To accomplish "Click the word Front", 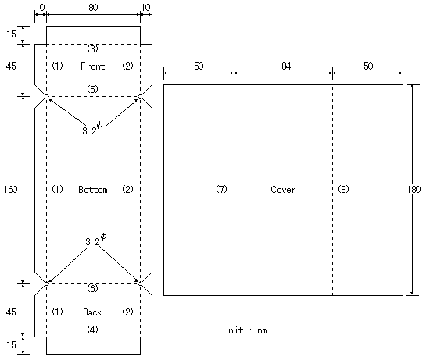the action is pyautogui.click(x=93, y=66).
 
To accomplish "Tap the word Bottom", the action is pyautogui.click(x=93, y=190).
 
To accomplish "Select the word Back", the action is pyautogui.click(x=92, y=312).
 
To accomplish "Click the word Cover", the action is pyautogui.click(x=283, y=190).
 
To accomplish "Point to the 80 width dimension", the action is pyautogui.click(x=93, y=7).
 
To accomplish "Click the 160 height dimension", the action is pyautogui.click(x=10, y=189).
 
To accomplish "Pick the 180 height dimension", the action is pyautogui.click(x=413, y=189).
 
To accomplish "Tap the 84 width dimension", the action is pyautogui.click(x=286, y=66).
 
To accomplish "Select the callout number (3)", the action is pyautogui.click(x=92, y=48).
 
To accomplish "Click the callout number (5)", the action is pyautogui.click(x=92, y=89).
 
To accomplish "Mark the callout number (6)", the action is pyautogui.click(x=92, y=288).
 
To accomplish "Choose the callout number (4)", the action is pyautogui.click(x=92, y=330).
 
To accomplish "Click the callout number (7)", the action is pyautogui.click(x=221, y=189).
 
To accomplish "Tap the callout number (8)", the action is pyautogui.click(x=343, y=189).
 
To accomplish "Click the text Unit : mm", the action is pyautogui.click(x=245, y=330).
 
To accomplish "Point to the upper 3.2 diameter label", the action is pyautogui.click(x=92, y=128).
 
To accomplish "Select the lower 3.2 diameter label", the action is pyautogui.click(x=96, y=240).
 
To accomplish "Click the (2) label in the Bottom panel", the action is pyautogui.click(x=127, y=189).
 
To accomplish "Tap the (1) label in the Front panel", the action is pyautogui.click(x=57, y=66).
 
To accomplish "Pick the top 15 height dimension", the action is pyautogui.click(x=11, y=34).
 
